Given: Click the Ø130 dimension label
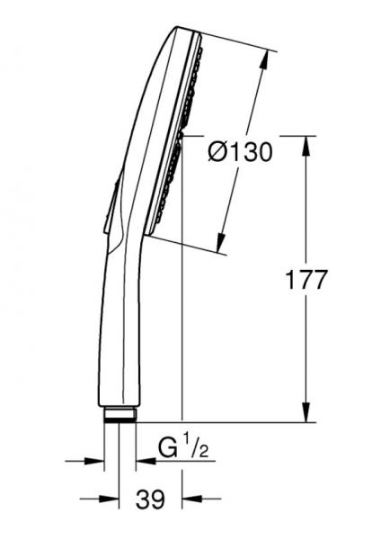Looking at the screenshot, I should (238, 153).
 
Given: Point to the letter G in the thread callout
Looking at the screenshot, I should (167, 447).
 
